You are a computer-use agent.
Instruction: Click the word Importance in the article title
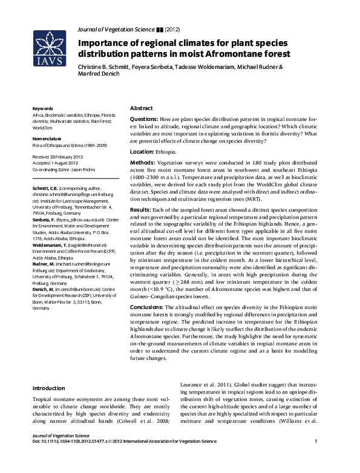click(x=105, y=44)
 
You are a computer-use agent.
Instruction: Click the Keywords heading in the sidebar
click(x=42, y=109)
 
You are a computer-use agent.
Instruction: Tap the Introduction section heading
click(x=48, y=388)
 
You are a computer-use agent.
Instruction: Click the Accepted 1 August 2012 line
click(x=58, y=163)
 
